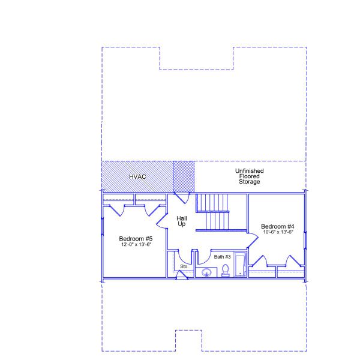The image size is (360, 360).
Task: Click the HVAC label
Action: point(137,176)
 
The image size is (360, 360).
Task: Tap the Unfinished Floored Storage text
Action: point(250,176)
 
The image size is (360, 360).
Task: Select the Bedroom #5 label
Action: point(136,239)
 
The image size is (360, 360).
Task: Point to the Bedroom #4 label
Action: point(278,226)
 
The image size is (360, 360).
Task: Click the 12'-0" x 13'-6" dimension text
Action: point(136,244)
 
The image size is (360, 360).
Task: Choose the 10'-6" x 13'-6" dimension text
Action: point(278,232)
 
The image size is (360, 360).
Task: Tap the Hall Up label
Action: point(182,221)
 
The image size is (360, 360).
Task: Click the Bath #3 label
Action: point(222,257)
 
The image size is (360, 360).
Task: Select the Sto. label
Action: point(184,266)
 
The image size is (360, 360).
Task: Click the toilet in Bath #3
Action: point(225,271)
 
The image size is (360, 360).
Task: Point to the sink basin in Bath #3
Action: point(206,272)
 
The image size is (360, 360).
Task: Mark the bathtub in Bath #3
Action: point(240,265)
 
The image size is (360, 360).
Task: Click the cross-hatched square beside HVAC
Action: point(184,176)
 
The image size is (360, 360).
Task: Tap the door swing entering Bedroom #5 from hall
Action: point(162,221)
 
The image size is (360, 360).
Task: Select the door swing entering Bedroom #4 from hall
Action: point(253,241)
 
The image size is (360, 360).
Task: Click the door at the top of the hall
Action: point(182,198)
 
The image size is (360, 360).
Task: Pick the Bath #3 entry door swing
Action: point(204,257)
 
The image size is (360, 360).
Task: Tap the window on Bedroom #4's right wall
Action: point(305,241)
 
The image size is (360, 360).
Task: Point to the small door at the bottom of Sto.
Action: point(182,275)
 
